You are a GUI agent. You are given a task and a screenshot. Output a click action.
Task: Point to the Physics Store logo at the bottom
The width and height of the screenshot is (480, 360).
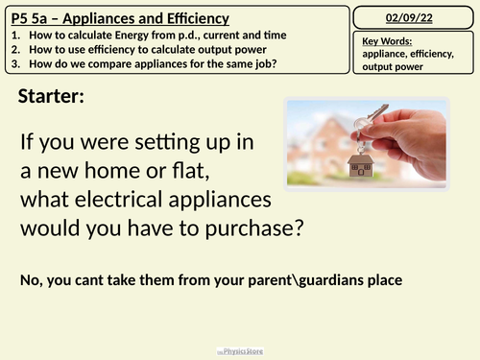(241, 352)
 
